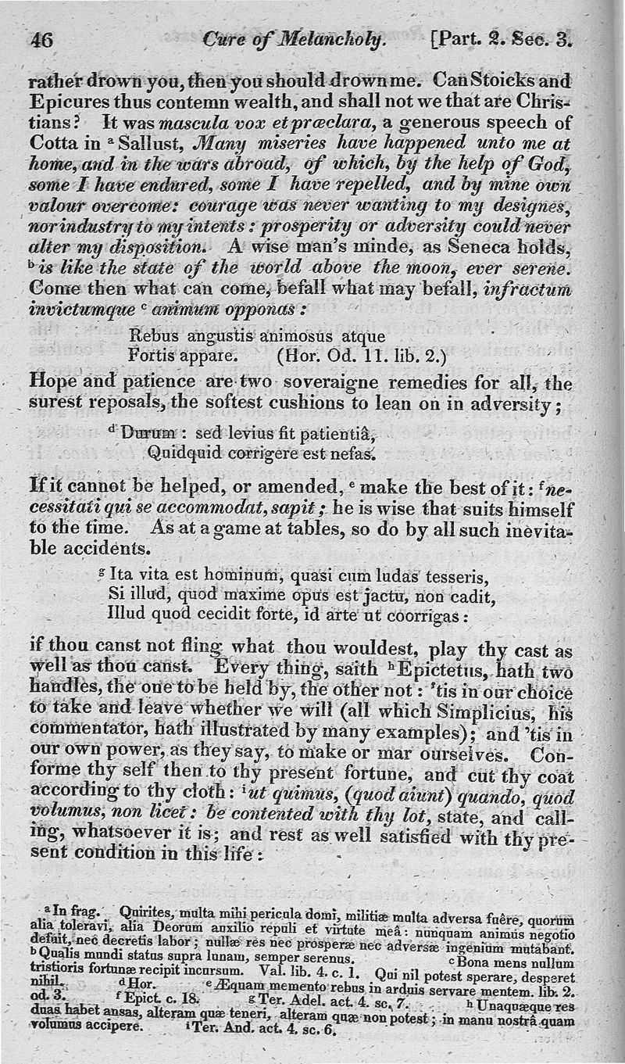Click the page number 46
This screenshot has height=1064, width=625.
[41, 40]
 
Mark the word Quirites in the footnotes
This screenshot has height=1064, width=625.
[149, 912]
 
